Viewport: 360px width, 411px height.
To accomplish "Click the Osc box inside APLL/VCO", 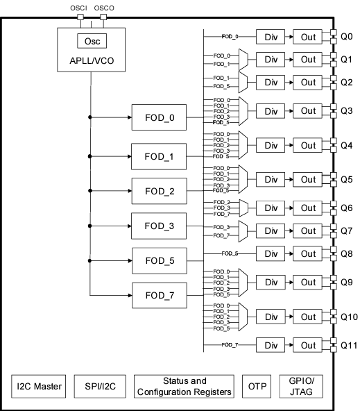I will pyautogui.click(x=92, y=40).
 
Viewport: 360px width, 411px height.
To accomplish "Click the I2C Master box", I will pyautogui.click(x=38, y=386).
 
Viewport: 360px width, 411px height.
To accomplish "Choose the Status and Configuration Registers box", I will pyautogui.click(x=184, y=386).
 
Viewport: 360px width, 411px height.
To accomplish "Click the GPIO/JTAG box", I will pyautogui.click(x=301, y=386).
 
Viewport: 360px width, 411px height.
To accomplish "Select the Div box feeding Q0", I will pyautogui.click(x=270, y=36).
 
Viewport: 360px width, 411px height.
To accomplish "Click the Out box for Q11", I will pyautogui.click(x=307, y=344).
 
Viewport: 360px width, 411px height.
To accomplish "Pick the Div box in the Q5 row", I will pyautogui.click(x=270, y=178).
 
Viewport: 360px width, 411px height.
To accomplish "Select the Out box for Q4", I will pyautogui.click(x=307, y=145).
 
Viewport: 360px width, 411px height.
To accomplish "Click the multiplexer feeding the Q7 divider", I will pyautogui.click(x=242, y=230).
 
